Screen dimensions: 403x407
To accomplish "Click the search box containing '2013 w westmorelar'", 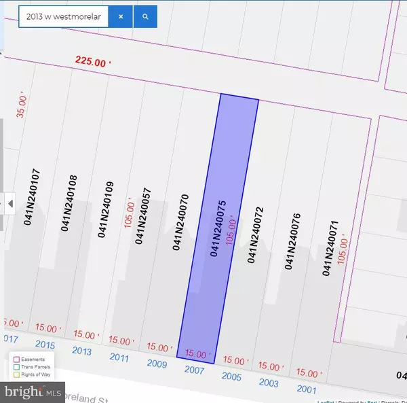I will tap(62, 16).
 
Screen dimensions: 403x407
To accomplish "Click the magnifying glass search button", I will tap(145, 16).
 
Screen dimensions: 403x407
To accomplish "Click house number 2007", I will tap(193, 369).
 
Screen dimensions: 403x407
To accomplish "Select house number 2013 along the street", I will tap(81, 350).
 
